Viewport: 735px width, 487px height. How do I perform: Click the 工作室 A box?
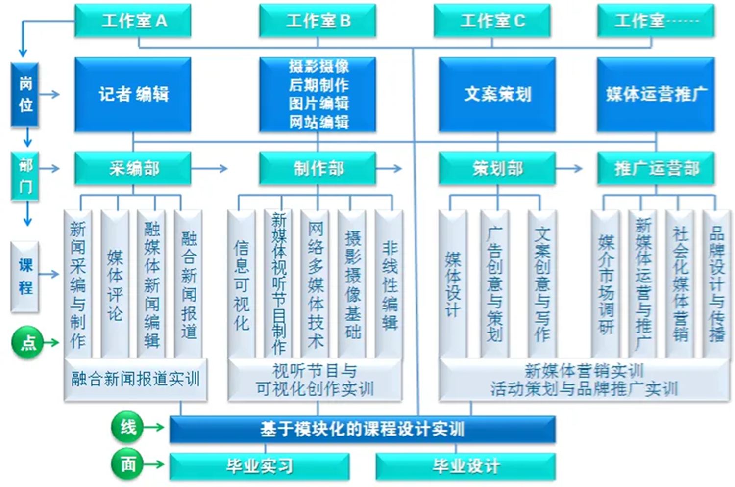tap(133, 21)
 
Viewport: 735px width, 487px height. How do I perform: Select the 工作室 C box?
tap(492, 21)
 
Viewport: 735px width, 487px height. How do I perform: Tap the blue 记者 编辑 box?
tap(133, 94)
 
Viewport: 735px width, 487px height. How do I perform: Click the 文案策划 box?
tap(497, 94)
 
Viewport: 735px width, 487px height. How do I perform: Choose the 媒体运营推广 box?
tap(656, 94)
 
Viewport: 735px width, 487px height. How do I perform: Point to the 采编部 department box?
tap(133, 168)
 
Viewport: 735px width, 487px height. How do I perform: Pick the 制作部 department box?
tap(318, 168)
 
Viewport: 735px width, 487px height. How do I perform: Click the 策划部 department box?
tap(497, 168)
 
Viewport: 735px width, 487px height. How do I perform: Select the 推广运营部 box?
tap(656, 168)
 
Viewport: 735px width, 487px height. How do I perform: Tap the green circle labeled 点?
tap(27, 342)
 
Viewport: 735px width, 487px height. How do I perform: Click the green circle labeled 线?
tap(127, 427)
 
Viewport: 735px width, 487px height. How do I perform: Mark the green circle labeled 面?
tap(127, 464)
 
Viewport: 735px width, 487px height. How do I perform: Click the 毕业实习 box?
tap(259, 466)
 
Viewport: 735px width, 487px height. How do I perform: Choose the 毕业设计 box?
tap(465, 466)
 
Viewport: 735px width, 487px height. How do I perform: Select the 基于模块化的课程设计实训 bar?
tap(362, 430)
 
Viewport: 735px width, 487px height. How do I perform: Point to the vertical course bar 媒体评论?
tap(115, 284)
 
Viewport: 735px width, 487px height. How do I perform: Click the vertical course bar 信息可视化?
tap(241, 284)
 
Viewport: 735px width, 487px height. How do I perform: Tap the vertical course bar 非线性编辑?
tap(390, 284)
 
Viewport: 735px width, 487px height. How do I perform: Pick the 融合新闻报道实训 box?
tap(136, 379)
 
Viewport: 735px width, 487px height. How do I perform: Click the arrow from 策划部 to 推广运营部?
tap(569, 168)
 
